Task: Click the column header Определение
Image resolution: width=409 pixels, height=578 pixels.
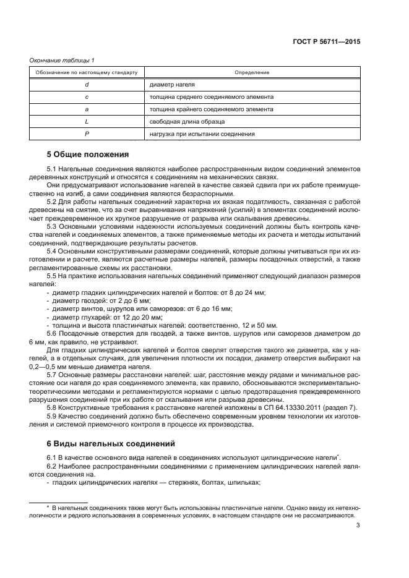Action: click(x=251, y=73)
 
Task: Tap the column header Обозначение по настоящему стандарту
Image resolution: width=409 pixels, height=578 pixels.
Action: click(x=87, y=73)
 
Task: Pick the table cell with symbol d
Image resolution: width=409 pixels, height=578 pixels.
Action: click(x=87, y=85)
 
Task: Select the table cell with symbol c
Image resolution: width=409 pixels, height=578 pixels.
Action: click(x=87, y=97)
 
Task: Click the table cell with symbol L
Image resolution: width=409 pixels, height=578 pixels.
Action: click(x=87, y=121)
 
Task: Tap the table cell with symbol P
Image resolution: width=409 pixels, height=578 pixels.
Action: click(x=87, y=134)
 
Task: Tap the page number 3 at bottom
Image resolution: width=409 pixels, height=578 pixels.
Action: click(x=358, y=527)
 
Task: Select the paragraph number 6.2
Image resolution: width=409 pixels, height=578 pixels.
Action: click(x=52, y=465)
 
